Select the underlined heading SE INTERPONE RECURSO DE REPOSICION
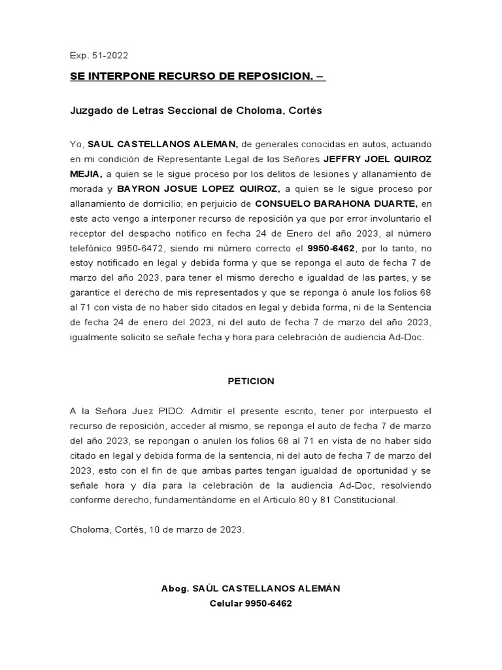click(x=197, y=77)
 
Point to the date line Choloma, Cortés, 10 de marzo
click(x=158, y=529)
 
